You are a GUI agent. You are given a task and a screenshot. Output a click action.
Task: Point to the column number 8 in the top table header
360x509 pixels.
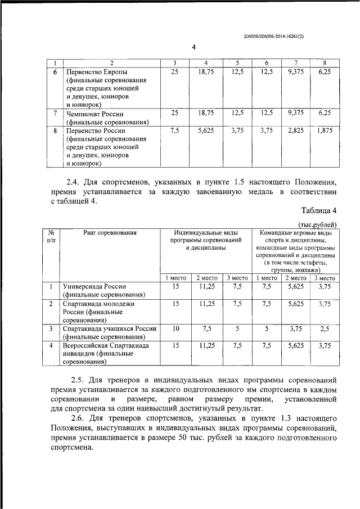click(325, 62)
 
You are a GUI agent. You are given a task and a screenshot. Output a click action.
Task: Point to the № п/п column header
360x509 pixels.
click(51, 236)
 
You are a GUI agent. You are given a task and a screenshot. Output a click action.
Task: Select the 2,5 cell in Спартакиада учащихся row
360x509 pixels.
click(325, 328)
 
